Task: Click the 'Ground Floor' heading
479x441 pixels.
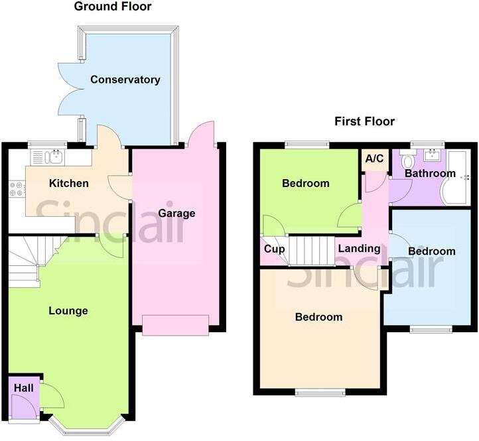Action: pyautogui.click(x=112, y=7)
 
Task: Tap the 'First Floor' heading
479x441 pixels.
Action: pyautogui.click(x=364, y=121)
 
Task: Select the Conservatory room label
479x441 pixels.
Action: pyautogui.click(x=125, y=80)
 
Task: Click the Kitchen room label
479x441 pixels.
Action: pyautogui.click(x=68, y=183)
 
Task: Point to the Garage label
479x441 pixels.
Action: pyautogui.click(x=176, y=214)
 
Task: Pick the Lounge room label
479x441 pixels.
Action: pyautogui.click(x=68, y=310)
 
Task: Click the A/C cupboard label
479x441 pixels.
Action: pyautogui.click(x=375, y=159)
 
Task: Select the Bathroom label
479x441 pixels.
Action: pyautogui.click(x=431, y=174)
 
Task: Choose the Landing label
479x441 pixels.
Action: pyautogui.click(x=359, y=249)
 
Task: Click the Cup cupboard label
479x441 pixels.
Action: pyautogui.click(x=274, y=250)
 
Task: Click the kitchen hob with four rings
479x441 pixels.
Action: pyautogui.click(x=17, y=189)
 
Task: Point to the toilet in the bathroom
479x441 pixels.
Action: pyautogui.click(x=408, y=161)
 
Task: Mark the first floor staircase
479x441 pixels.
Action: pyautogui.click(x=312, y=251)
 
